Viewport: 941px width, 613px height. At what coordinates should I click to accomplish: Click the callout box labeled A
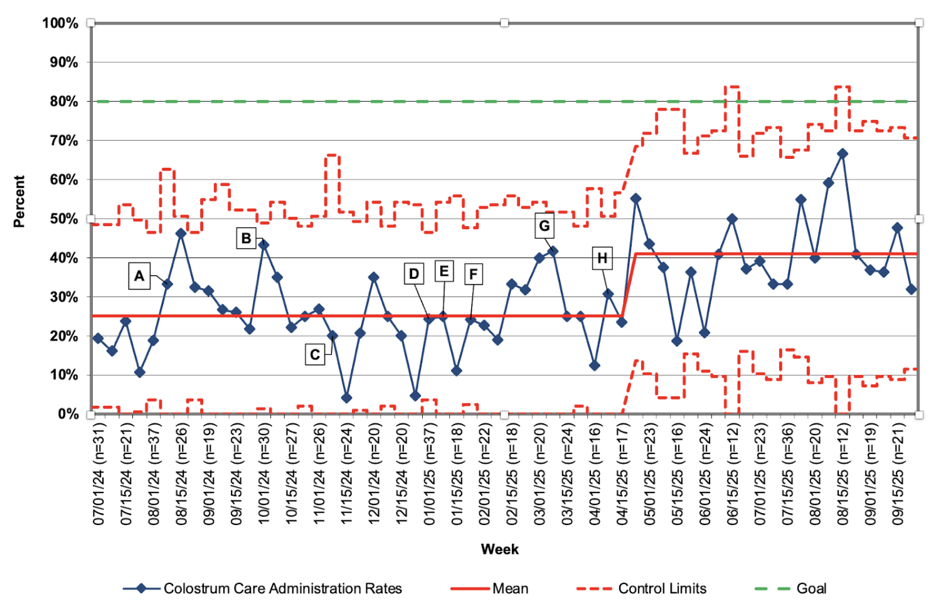[x=139, y=276]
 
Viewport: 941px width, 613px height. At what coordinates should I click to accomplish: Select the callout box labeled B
[x=246, y=239]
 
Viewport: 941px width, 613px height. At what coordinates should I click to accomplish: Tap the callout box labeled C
[x=315, y=355]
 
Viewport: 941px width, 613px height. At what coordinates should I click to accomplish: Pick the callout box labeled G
[x=544, y=226]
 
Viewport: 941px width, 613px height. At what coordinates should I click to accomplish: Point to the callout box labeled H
[x=602, y=258]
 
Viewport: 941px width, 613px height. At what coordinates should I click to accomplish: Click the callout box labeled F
[x=474, y=274]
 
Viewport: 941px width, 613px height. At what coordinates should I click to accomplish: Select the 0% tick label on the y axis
[x=68, y=415]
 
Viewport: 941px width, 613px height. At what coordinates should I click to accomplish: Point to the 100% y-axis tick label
[x=60, y=23]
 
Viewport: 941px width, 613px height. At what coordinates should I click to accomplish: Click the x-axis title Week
[x=500, y=550]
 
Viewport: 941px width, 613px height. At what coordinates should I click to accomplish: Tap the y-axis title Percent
[x=19, y=202]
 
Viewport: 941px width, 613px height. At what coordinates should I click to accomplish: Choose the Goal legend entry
[x=790, y=589]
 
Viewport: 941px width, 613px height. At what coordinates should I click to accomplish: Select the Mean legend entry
[x=489, y=589]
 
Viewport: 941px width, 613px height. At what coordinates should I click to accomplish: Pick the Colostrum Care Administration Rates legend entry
[x=263, y=589]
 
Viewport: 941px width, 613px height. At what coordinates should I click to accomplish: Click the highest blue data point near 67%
[x=843, y=154]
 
